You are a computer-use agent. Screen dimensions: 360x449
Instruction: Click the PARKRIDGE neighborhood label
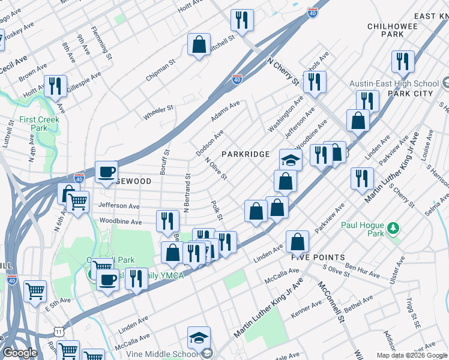click(246, 154)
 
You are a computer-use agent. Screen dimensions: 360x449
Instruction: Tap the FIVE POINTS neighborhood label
click(318, 257)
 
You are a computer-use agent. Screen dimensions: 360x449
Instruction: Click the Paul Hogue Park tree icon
click(393, 228)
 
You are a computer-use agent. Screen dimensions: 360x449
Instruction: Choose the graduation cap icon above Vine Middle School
click(199, 337)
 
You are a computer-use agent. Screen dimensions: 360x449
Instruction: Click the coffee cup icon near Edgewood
click(106, 172)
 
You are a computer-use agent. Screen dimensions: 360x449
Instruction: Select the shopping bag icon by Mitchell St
click(198, 44)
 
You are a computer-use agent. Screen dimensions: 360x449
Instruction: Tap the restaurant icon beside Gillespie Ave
click(55, 85)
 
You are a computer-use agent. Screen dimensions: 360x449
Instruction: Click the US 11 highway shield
click(58, 331)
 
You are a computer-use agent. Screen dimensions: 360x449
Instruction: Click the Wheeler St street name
click(158, 112)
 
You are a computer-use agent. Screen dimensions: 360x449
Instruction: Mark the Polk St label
click(217, 210)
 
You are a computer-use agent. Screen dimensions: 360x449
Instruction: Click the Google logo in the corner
click(19, 353)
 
